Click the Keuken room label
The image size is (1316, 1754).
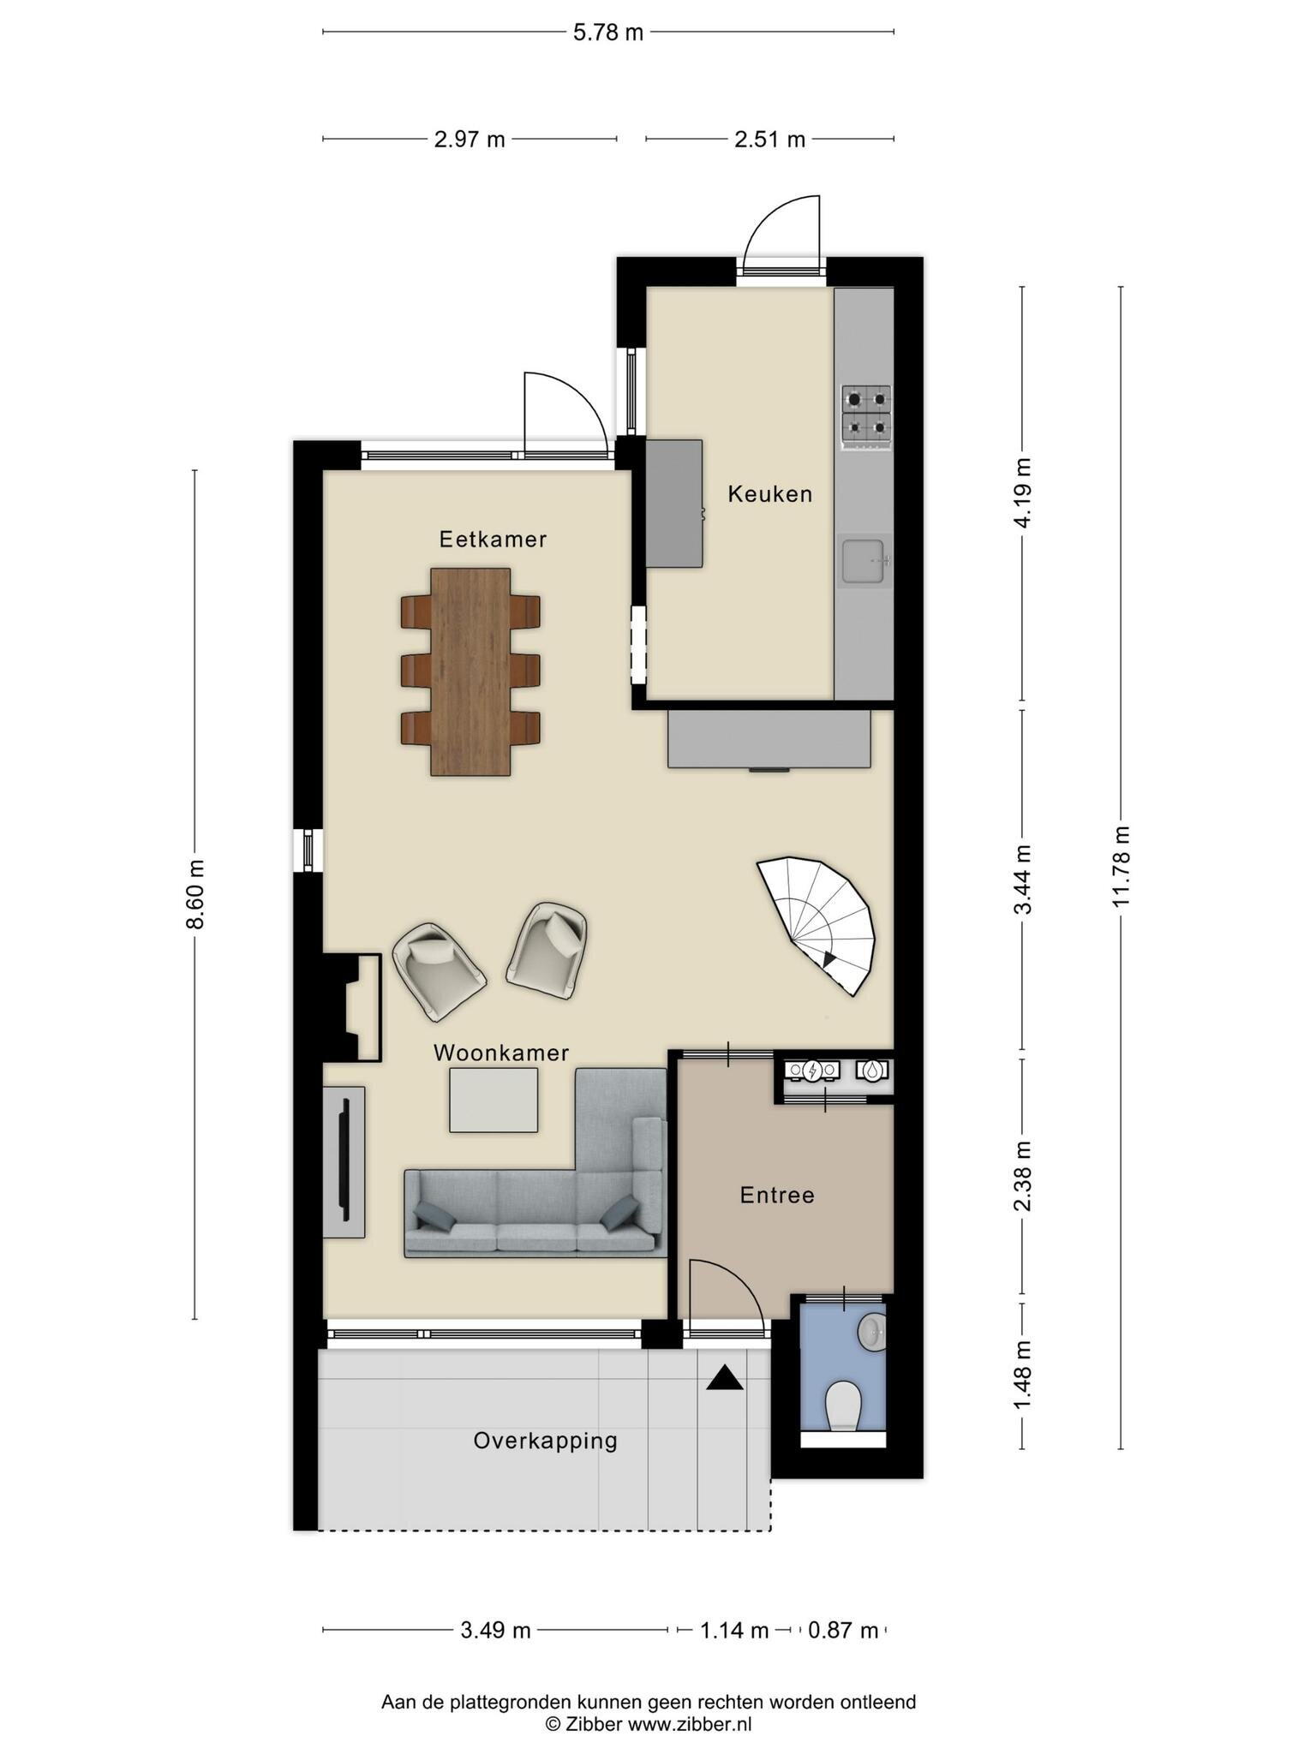click(769, 493)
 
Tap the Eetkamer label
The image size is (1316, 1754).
click(493, 539)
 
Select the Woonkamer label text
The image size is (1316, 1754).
click(501, 1053)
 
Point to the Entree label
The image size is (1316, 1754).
click(777, 1195)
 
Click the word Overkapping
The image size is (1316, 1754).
click(546, 1441)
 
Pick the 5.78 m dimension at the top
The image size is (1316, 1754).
click(607, 33)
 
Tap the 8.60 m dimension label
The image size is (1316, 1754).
click(195, 893)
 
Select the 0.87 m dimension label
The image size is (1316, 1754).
click(844, 1630)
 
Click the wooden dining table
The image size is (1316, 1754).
click(470, 671)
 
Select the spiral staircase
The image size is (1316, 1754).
click(818, 923)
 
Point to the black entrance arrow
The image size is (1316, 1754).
click(725, 1377)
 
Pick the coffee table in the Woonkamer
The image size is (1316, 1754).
click(494, 1100)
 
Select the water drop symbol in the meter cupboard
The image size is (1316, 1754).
click(871, 1070)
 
